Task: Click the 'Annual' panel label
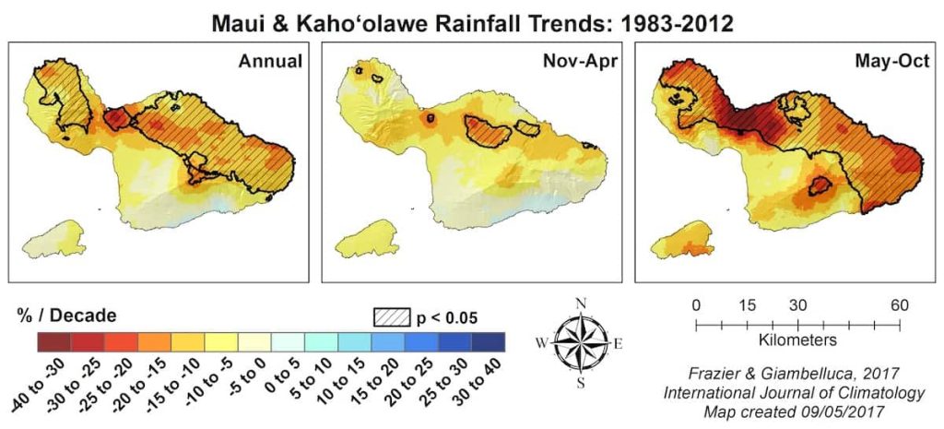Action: [x=270, y=62]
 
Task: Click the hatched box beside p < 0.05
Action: [x=391, y=316]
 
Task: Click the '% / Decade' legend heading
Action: [x=66, y=316]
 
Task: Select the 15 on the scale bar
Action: [x=747, y=306]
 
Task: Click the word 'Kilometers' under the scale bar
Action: [x=797, y=340]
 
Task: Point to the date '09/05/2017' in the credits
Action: [x=844, y=410]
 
